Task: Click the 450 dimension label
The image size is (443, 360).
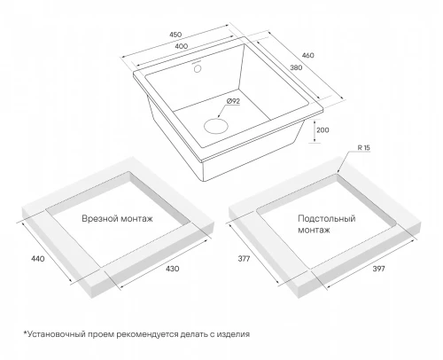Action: (x=175, y=35)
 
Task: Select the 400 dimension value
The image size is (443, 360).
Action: (x=182, y=46)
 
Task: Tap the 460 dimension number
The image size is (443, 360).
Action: (x=308, y=55)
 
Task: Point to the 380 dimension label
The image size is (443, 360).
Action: (x=296, y=67)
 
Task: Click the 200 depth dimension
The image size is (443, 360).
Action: (x=323, y=130)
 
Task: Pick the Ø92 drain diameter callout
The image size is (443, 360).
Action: (x=233, y=101)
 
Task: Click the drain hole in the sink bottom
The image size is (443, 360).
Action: (x=216, y=126)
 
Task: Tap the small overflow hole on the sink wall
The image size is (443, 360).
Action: (x=198, y=69)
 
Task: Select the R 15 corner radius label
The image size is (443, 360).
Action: (x=363, y=148)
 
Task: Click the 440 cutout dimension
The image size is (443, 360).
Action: (x=38, y=259)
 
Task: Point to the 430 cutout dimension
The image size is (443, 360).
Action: (x=172, y=269)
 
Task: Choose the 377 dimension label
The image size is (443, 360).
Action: (x=244, y=259)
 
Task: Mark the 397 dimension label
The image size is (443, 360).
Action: (x=378, y=269)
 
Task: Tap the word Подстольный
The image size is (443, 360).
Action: (x=327, y=219)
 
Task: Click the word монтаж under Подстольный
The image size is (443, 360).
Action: (x=314, y=230)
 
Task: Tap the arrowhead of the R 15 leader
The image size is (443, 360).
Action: (x=338, y=171)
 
